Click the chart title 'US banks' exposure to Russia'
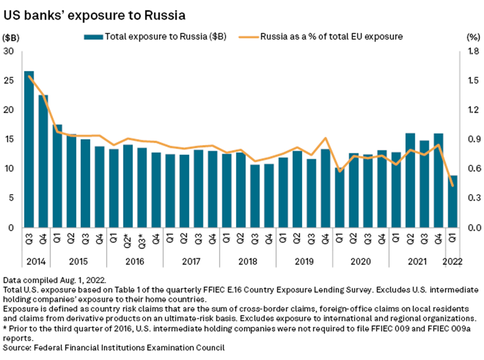94,15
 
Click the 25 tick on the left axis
10,81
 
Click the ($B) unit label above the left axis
11,37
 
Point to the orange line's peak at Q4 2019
325,138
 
